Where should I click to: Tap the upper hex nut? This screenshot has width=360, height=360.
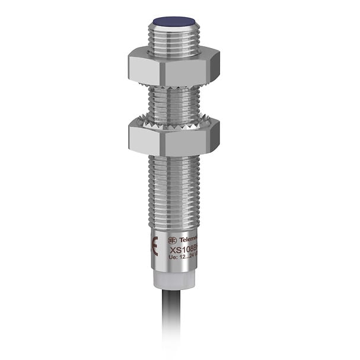point(173,67)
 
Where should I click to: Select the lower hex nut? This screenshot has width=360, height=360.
point(173,136)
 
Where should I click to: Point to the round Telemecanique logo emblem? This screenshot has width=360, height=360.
point(172,240)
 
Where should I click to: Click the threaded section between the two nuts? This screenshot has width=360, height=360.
point(174,103)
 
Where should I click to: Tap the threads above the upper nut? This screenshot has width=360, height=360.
point(174,40)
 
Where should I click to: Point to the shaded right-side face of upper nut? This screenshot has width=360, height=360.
point(213,67)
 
